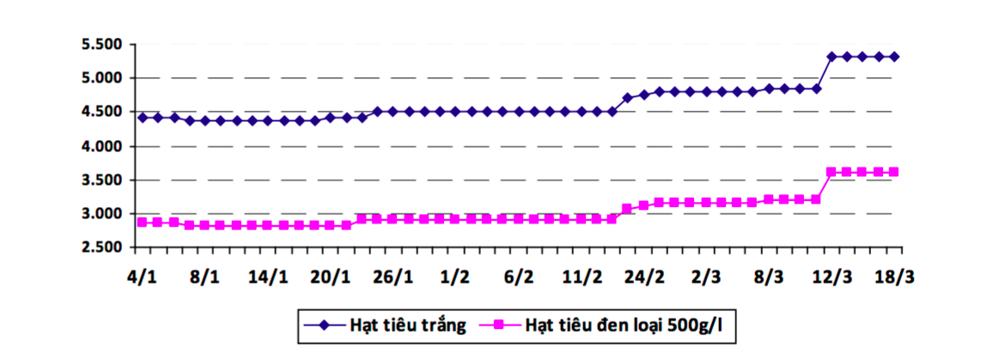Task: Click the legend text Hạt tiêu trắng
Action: click(408, 325)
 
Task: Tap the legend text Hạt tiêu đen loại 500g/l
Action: click(623, 325)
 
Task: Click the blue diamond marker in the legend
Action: click(324, 325)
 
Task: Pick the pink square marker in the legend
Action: click(499, 325)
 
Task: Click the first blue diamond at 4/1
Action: click(142, 117)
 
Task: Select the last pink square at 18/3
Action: click(894, 172)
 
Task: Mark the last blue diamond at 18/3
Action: click(894, 57)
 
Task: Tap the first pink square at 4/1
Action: click(142, 222)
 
